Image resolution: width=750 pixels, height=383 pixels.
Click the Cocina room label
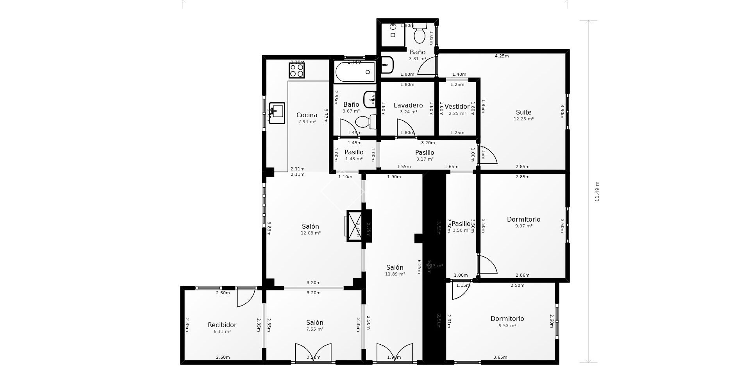307,115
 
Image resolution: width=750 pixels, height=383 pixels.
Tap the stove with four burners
296,71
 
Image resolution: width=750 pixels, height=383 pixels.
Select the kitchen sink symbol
277,113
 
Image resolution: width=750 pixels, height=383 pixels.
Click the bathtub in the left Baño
355,72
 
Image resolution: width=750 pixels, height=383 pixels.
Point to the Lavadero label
408,106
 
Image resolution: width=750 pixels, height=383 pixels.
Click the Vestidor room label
457,107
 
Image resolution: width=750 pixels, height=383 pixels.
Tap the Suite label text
523,113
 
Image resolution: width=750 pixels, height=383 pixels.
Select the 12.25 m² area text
523,119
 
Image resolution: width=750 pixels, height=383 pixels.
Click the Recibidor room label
222,325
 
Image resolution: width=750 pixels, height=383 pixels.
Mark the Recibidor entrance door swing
245,297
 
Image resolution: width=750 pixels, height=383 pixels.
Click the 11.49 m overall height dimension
597,191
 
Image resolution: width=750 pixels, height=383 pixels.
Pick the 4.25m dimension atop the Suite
502,56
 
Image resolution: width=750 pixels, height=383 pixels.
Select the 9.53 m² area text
507,326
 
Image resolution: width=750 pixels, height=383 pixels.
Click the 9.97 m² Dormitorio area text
523,226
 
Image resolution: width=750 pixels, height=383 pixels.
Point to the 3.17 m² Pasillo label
424,153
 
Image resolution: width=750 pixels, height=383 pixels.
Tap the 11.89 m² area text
395,274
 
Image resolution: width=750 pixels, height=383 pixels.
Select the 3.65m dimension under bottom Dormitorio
500,357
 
